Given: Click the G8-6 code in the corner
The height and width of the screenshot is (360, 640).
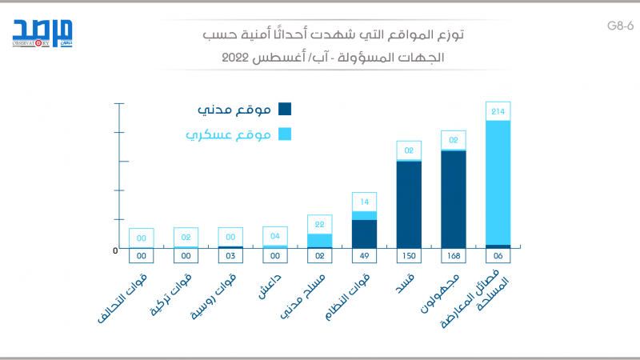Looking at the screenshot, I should pos(620,26).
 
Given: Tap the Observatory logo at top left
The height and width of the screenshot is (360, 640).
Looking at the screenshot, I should pos(35,34).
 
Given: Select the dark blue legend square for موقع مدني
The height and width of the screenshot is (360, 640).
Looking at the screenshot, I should pos(285,110).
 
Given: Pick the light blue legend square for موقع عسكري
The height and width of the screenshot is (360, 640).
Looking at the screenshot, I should pos(285,134).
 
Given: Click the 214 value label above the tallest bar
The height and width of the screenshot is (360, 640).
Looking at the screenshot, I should pos(498,111).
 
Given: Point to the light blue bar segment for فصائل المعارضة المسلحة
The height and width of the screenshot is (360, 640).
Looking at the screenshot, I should pos(498,182).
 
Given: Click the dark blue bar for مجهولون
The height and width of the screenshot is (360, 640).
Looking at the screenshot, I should pos(453,198).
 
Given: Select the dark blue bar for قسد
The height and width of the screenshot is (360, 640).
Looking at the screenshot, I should pos(408,204).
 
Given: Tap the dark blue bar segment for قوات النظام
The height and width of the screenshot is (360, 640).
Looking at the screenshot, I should pos(364,234).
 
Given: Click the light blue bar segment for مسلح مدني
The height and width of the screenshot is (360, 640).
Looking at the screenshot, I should pos(319,240).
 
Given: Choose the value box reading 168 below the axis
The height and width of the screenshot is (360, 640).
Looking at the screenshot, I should pos(453,256).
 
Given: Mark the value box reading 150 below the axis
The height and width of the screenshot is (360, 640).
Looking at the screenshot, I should pos(408,256).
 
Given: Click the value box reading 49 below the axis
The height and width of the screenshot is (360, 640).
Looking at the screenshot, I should pos(364,256).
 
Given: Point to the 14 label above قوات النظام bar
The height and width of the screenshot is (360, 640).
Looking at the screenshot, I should pos(364,202).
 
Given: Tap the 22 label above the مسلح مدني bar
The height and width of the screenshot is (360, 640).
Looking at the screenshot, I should pos(319,225).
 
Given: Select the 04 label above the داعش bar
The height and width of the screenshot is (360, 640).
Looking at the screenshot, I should pos(275,236).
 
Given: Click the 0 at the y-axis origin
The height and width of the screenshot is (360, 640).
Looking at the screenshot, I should pos(115,251).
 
